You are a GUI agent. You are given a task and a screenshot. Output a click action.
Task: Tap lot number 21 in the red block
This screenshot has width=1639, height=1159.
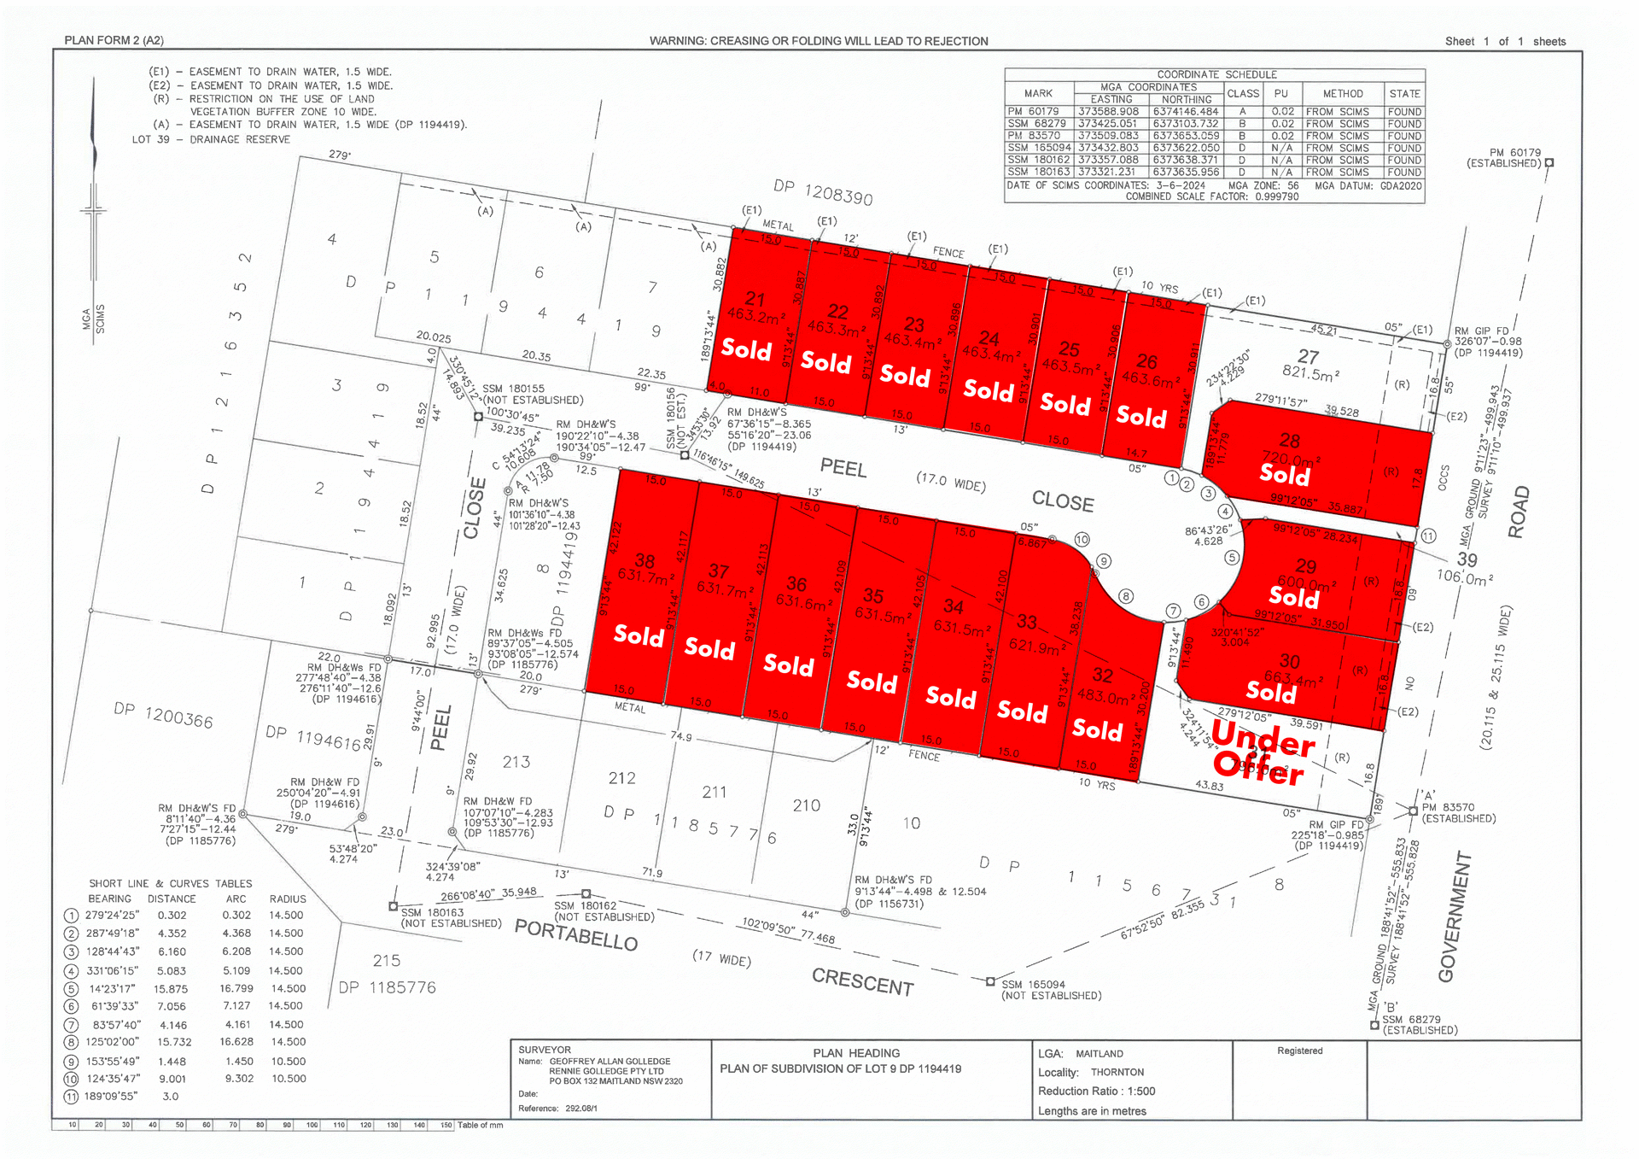pos(755,299)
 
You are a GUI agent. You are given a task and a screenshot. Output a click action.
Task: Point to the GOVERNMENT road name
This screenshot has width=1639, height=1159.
pos(1454,916)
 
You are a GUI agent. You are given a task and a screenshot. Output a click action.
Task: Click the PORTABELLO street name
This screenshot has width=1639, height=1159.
pos(576,934)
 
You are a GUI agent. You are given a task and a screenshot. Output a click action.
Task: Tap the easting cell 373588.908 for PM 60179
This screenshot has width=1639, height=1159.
pos(1108,112)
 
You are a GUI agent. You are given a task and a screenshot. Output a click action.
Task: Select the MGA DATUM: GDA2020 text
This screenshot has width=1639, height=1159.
pos(1368,185)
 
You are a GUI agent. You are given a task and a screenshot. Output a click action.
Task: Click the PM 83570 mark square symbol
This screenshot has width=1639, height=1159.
pos(1414,811)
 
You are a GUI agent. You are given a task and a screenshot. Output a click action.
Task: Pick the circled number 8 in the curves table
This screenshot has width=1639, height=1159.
pos(71,1043)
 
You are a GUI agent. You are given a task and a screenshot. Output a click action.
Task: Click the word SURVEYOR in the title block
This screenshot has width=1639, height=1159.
pos(545,1050)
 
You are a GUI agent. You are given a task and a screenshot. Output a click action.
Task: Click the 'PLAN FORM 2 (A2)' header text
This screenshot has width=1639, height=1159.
pos(114,40)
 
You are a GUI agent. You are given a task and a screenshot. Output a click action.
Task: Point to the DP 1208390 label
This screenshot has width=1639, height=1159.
pos(823,192)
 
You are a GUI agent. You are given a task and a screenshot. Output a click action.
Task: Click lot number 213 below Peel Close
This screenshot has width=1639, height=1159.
pos(516,761)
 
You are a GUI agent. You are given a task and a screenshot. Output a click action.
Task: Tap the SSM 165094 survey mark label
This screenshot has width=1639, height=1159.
pos(1033,985)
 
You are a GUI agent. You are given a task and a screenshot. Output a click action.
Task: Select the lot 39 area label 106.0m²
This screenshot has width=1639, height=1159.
pos(1465,577)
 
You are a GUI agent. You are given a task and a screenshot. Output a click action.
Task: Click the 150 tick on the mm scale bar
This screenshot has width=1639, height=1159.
pos(446,1125)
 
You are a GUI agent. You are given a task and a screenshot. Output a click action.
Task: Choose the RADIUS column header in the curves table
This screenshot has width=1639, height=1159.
pos(288,899)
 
